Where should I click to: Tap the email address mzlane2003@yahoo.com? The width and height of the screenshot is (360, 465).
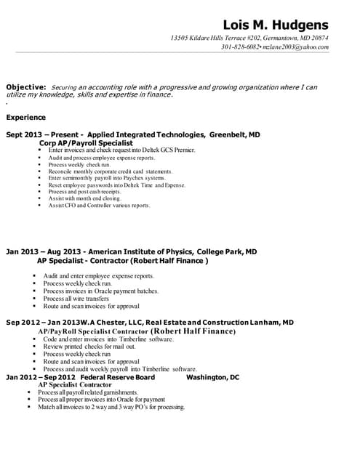point(299,46)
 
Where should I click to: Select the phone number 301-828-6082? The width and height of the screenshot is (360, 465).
point(240,46)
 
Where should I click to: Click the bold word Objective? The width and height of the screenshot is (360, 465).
point(26,87)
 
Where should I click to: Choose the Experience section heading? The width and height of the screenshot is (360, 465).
point(26,117)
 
